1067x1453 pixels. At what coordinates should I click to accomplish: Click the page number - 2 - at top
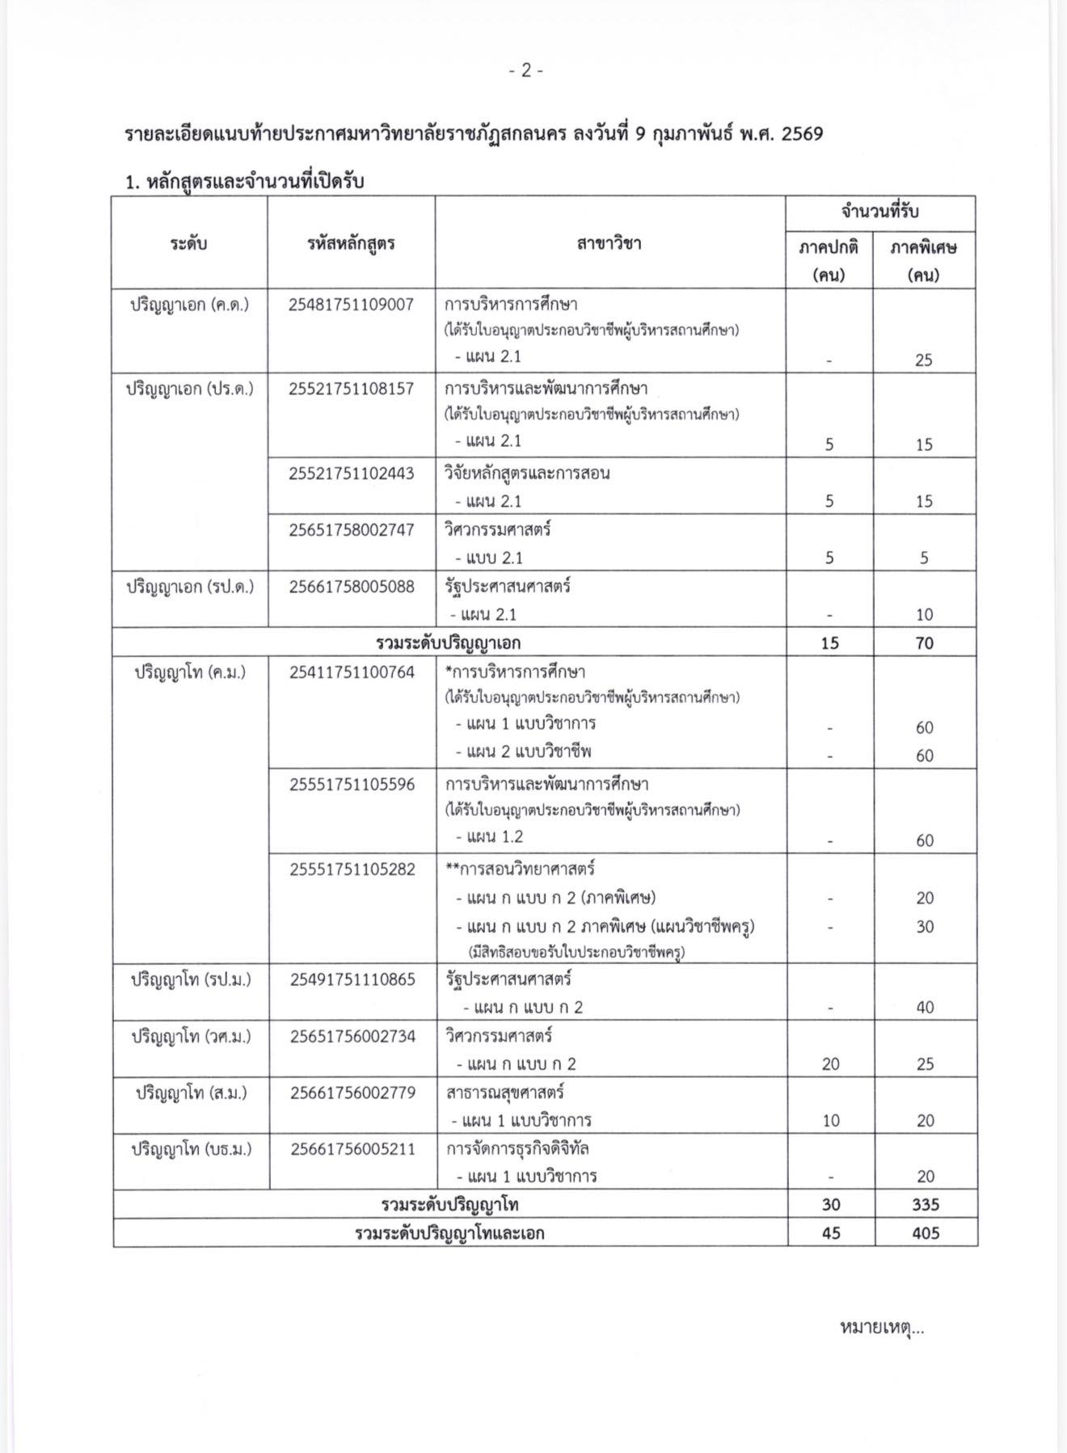[526, 71]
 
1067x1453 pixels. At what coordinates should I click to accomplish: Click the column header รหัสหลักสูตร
[351, 242]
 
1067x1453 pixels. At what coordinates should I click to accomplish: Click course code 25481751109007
[351, 305]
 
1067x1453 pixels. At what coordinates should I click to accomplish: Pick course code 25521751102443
[351, 474]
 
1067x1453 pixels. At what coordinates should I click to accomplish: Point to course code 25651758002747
[351, 530]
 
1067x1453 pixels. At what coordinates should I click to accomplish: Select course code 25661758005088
[351, 587]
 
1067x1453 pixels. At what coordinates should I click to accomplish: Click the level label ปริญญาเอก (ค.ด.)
[190, 305]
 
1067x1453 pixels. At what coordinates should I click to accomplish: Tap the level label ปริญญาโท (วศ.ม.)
[192, 1036]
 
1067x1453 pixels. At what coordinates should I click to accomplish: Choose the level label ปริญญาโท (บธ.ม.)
[192, 1148]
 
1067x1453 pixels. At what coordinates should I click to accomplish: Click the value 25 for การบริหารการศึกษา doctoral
[924, 360]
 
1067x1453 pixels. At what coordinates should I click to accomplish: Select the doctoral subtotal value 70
[924, 643]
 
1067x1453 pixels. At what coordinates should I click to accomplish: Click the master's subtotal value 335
[925, 1205]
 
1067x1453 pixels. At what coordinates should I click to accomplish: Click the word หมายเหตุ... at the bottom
[882, 1327]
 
